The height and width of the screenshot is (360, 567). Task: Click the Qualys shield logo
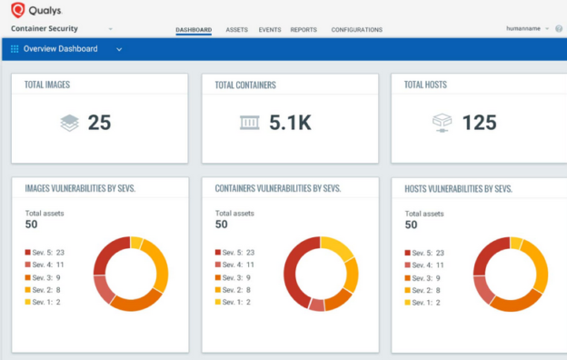pos(17,11)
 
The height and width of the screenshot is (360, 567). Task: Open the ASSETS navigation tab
pos(236,30)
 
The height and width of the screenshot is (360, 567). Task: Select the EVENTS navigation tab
pos(269,30)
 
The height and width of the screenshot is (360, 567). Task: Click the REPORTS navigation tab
pos(303,30)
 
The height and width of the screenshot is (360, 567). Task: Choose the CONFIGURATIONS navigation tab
pos(356,30)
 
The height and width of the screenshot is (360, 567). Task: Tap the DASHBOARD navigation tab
pos(194,30)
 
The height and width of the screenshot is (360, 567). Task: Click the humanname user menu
pos(527,29)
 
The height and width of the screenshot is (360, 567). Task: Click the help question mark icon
pos(559,29)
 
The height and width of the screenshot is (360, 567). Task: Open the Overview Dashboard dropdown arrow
pos(119,49)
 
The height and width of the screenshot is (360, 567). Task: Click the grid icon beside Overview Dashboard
pos(15,49)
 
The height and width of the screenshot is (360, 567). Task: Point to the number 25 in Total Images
pos(99,123)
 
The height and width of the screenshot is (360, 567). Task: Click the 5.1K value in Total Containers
pos(290,123)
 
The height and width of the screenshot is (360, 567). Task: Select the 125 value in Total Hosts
pos(479,123)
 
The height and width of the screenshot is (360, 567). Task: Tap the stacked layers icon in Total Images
pos(69,123)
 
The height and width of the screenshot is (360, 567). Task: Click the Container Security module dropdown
pos(110,29)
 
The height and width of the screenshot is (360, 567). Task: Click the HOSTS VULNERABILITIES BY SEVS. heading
pos(458,188)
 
